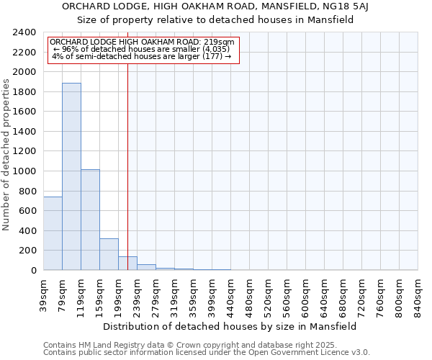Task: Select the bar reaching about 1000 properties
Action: click(90, 220)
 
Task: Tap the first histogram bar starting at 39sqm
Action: click(53, 233)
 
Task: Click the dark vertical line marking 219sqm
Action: click(127, 166)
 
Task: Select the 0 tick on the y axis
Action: click(34, 270)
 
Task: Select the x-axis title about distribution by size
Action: click(230, 326)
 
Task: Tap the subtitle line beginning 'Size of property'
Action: click(215, 20)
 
